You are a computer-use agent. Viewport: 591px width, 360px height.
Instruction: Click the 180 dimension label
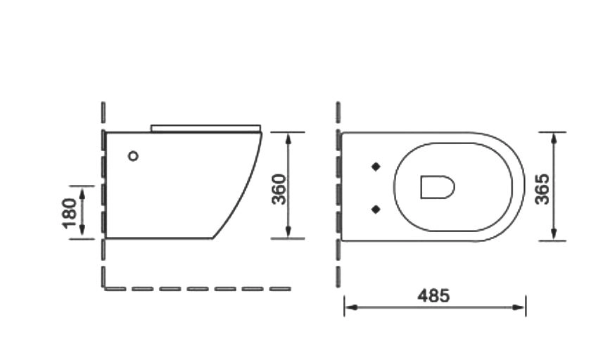pos(70,213)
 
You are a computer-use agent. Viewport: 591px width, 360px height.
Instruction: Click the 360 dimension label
pos(279,189)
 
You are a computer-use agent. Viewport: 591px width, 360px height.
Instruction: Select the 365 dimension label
pos(542,189)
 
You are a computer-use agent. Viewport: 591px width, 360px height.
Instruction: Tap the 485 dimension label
pos(433,295)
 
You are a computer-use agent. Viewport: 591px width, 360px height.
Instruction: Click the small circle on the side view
pos(133,156)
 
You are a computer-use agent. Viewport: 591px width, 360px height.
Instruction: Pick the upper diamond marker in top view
pos(376,167)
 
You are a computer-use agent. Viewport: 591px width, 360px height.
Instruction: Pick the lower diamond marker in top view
pos(376,210)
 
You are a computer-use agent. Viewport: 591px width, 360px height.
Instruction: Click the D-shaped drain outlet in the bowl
pos(437,187)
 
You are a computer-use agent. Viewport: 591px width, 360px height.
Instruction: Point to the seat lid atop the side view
pos(205,129)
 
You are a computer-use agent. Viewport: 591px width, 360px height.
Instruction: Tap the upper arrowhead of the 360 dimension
pos(288,139)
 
